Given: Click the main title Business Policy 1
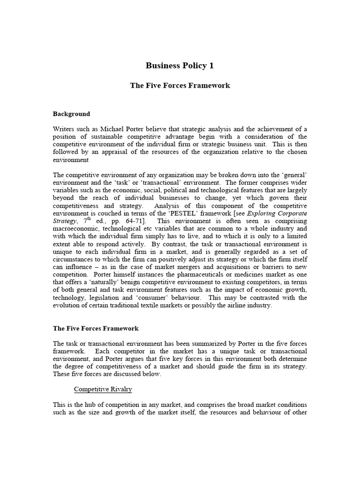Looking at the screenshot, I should [x=180, y=66].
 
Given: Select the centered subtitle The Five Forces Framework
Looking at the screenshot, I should [x=180, y=86].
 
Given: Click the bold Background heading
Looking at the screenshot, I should [x=71, y=114].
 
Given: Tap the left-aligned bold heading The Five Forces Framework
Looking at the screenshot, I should [x=96, y=329].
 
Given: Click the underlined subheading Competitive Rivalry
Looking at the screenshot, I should [x=103, y=390].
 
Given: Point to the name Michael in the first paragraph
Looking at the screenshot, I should [x=114, y=129].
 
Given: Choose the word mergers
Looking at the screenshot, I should [x=173, y=267].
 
